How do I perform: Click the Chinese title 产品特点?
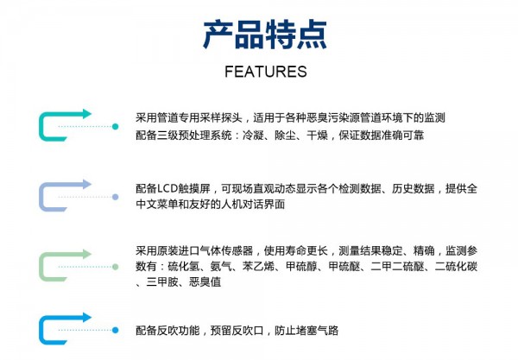pos(265,35)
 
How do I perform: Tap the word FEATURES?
pos(266,72)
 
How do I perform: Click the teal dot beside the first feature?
pos(116,127)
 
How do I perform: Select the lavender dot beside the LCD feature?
pos(116,197)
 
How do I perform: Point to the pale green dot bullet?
pos(116,267)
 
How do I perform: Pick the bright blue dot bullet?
pos(116,330)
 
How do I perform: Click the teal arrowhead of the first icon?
pos(87,114)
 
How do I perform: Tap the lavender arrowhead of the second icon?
pos(87,184)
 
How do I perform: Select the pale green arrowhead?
pos(87,254)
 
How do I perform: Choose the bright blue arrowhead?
pos(87,318)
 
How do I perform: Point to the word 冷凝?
pos(253,136)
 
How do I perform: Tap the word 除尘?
pos(285,136)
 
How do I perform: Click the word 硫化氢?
pos(184,266)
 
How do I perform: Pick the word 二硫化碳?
pos(456,266)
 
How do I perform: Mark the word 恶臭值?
pos(205,282)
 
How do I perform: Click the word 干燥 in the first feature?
pos(317,136)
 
